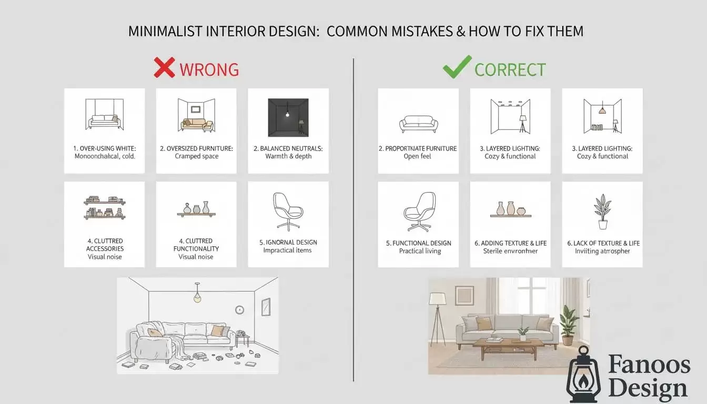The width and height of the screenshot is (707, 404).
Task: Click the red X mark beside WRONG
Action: click(x=164, y=68)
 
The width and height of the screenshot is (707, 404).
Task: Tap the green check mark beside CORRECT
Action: click(x=456, y=68)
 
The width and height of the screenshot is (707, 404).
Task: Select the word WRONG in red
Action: click(x=209, y=69)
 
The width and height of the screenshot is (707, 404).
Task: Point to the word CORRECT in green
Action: click(x=510, y=69)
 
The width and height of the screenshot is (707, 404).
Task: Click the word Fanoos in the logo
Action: click(x=649, y=365)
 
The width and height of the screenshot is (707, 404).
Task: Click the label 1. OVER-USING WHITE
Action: click(x=104, y=148)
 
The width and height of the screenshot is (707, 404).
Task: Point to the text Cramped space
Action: click(x=196, y=156)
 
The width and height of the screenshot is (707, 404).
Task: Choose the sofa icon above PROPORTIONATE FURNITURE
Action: click(x=418, y=124)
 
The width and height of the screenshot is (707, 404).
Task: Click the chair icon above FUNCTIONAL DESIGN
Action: click(x=419, y=212)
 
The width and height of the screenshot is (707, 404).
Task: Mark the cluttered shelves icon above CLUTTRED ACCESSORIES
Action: click(x=104, y=207)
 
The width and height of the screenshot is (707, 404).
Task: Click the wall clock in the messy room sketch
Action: click(x=239, y=310)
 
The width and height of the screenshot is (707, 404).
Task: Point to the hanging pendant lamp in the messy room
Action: click(x=197, y=296)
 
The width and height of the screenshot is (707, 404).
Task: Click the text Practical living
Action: click(x=420, y=251)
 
